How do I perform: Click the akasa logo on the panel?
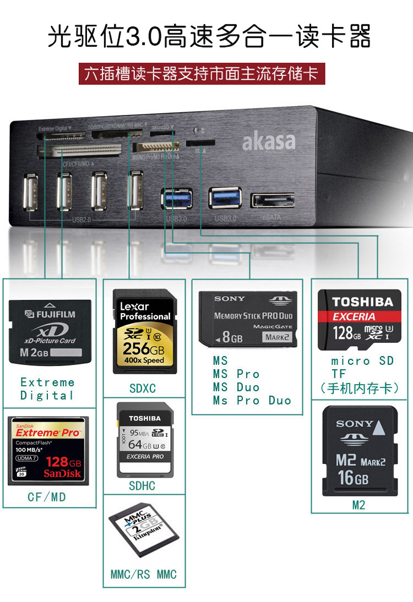click(x=269, y=141)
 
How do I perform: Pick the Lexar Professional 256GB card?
click(x=144, y=331)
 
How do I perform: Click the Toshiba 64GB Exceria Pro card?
click(x=144, y=439)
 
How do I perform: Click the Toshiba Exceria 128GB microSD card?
click(x=360, y=319)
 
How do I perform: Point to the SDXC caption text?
click(x=143, y=388)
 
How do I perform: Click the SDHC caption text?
click(x=142, y=486)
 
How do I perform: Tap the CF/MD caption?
click(x=47, y=497)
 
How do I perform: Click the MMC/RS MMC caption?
click(x=144, y=575)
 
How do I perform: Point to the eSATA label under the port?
click(x=272, y=218)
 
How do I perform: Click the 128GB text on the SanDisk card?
click(x=63, y=462)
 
